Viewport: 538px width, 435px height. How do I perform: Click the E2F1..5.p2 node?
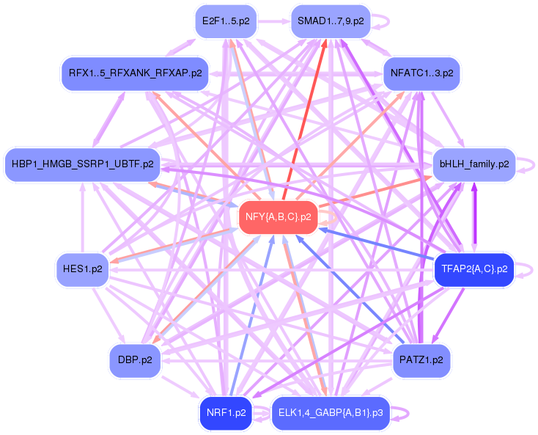point(225,21)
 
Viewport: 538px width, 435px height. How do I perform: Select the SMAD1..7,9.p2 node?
point(331,21)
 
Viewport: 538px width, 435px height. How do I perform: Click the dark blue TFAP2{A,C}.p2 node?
point(474,269)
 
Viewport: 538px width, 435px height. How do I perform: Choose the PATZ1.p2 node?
point(421,360)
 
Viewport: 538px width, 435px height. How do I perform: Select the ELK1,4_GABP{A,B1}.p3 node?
point(331,413)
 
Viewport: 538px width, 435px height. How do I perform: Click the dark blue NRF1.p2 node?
point(225,413)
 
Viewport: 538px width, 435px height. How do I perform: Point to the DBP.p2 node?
point(135,360)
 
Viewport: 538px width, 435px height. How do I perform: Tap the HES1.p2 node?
point(82,269)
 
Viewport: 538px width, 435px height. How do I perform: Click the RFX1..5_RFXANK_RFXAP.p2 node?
point(135,74)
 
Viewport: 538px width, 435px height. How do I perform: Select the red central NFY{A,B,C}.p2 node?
point(278,217)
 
